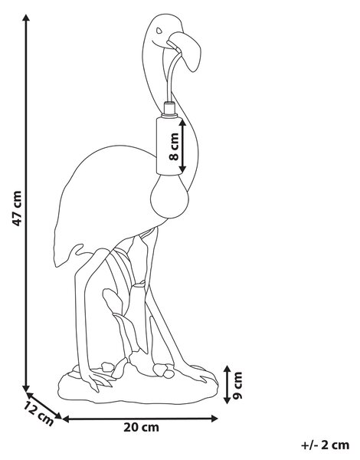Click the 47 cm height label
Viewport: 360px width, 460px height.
pyautogui.click(x=17, y=209)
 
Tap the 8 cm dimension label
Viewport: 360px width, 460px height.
pyautogui.click(x=174, y=146)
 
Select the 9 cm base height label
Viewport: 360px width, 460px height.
pyautogui.click(x=237, y=385)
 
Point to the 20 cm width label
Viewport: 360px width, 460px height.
pyautogui.click(x=141, y=427)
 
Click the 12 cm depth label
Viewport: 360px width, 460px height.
pyautogui.click(x=38, y=414)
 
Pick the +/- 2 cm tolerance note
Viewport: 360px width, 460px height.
pyautogui.click(x=325, y=445)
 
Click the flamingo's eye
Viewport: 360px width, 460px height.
pyautogui.click(x=159, y=30)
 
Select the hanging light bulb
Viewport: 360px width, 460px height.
pyautogui.click(x=170, y=196)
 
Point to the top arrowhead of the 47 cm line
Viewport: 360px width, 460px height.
pyautogui.click(x=26, y=18)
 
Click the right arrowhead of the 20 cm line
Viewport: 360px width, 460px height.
pyautogui.click(x=214, y=419)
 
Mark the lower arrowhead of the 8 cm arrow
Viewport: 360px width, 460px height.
pyautogui.click(x=182, y=169)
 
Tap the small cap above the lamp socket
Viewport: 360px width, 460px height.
pyautogui.click(x=170, y=109)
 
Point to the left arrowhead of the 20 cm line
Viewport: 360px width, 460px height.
pyautogui.click(x=66, y=419)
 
